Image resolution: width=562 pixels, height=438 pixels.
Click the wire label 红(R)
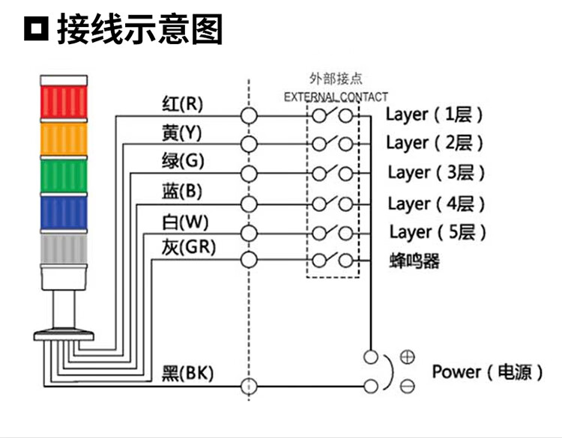pos(182,103)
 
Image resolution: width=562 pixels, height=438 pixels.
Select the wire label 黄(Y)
pos(182,133)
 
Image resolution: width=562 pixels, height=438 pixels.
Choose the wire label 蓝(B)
pos(182,191)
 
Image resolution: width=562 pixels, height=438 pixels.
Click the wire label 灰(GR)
pos(188,246)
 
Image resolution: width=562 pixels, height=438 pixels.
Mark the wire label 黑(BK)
pos(187,372)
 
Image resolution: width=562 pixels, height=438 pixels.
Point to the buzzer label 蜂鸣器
pos(414,261)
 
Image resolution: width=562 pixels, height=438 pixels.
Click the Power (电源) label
pos(486,372)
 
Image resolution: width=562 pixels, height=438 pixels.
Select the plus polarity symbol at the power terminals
pos(407,357)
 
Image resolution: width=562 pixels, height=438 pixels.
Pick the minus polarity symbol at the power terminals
pos(407,386)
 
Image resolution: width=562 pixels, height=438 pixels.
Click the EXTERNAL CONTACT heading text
pos(336,97)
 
